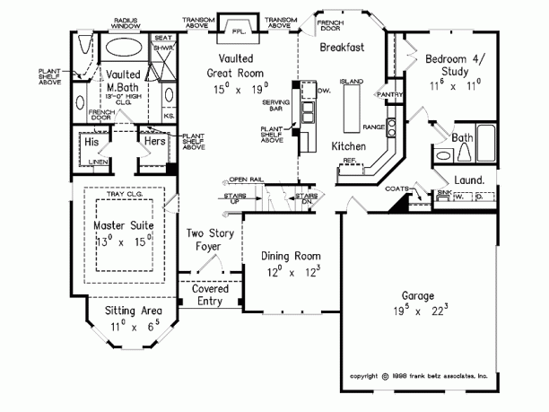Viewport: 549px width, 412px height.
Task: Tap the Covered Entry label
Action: (210, 295)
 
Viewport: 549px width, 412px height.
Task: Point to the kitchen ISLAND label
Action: (352, 82)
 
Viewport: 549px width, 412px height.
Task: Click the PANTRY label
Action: (388, 93)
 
